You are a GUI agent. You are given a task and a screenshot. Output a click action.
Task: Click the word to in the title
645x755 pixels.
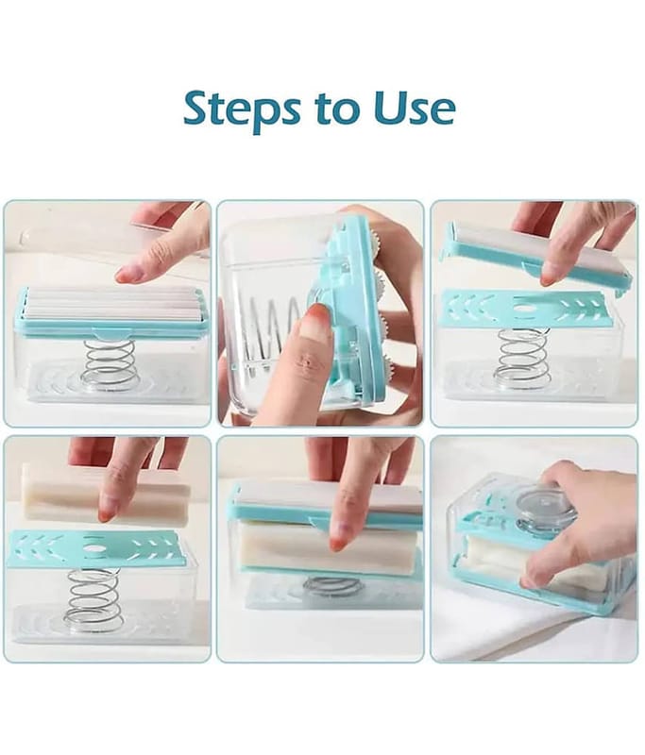339,109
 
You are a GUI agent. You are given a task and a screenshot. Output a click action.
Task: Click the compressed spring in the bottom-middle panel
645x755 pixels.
331,586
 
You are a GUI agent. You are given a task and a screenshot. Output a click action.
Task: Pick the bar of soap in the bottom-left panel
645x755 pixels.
106,494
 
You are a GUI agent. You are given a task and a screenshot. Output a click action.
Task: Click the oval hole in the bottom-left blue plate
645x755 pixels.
94,548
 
